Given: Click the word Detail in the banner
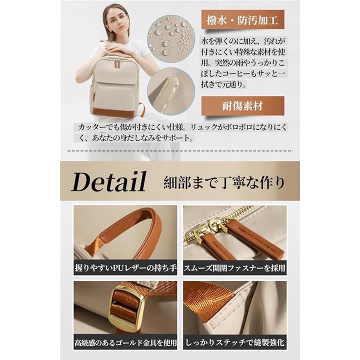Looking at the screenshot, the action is coord(109,181).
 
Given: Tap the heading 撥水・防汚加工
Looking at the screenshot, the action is coord(242,19).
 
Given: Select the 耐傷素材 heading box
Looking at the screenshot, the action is coord(242,106).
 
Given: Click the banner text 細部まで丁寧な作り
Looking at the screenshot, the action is coord(224,183).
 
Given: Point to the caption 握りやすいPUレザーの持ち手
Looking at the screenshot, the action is coord(125,267).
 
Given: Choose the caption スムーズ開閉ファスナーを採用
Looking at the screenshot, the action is coord(234,267).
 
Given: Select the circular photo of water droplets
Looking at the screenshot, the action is coord(171,39).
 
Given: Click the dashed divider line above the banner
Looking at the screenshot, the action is coord(180,151).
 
